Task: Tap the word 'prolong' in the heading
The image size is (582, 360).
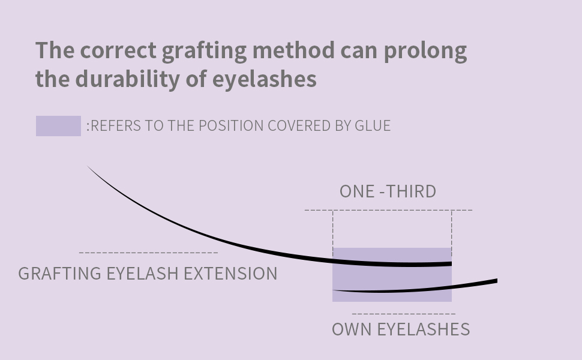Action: (425, 51)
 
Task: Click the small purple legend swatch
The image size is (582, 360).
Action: (58, 126)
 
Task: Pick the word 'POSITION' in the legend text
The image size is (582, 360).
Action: (231, 125)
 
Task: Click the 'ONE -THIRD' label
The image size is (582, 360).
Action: (388, 191)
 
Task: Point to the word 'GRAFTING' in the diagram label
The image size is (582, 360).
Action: (59, 274)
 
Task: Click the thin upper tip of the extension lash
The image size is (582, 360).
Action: (90, 169)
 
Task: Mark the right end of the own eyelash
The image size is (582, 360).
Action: (495, 281)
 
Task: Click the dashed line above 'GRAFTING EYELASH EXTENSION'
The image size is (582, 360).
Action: (148, 253)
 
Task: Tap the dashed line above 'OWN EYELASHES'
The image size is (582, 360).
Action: (403, 313)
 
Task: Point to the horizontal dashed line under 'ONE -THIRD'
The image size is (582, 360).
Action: (388, 210)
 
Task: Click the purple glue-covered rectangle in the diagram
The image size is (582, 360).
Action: (392, 277)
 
